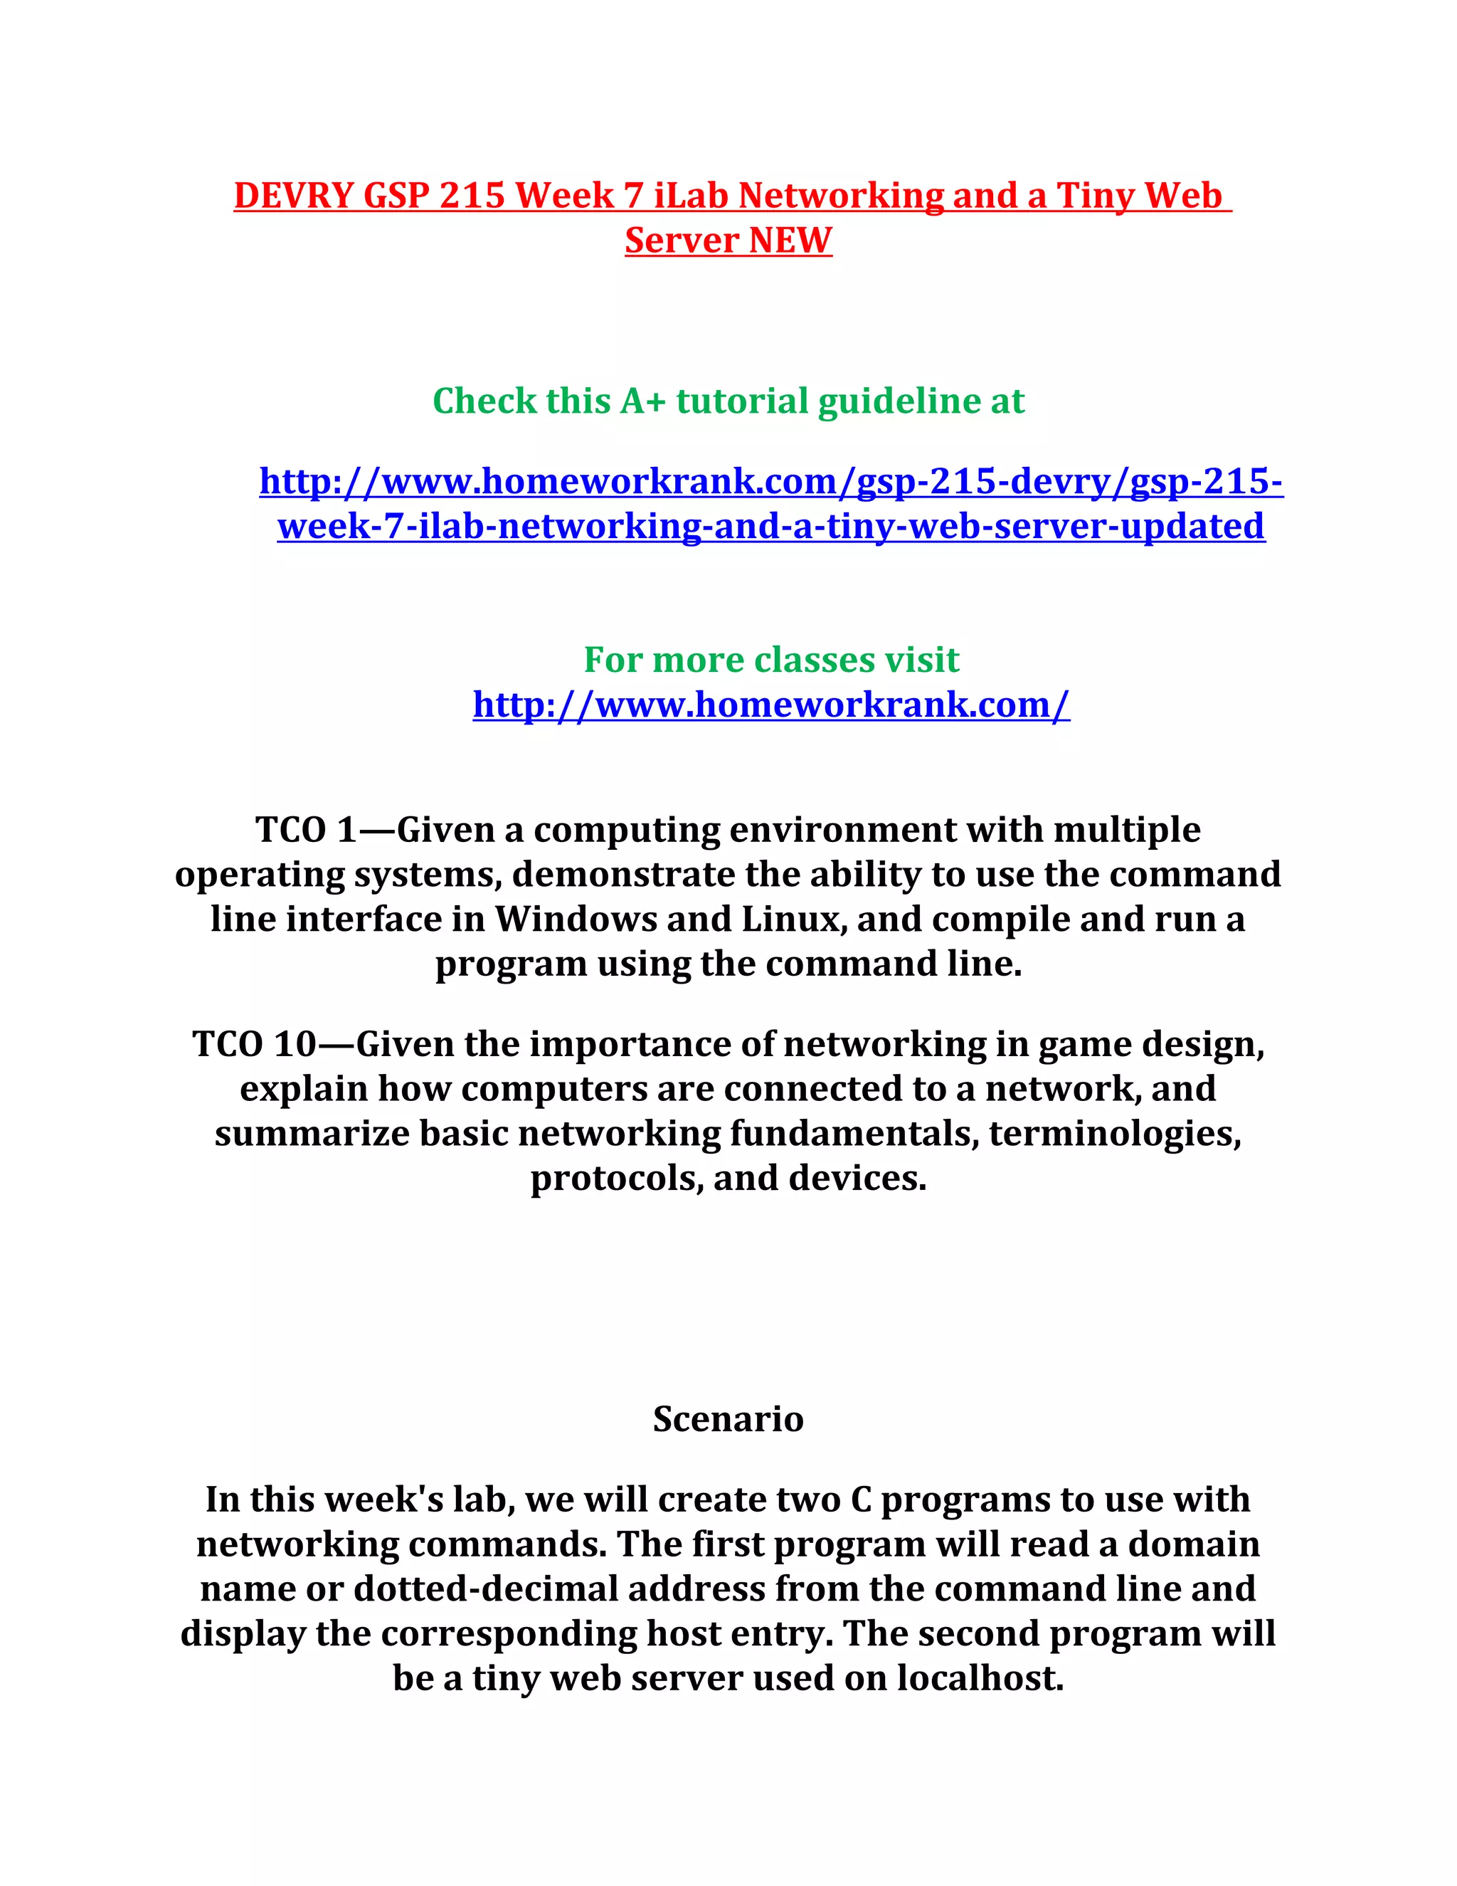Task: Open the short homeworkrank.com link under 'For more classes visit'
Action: [770, 705]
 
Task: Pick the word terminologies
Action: [1116, 1134]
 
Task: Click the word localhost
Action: [980, 1679]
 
